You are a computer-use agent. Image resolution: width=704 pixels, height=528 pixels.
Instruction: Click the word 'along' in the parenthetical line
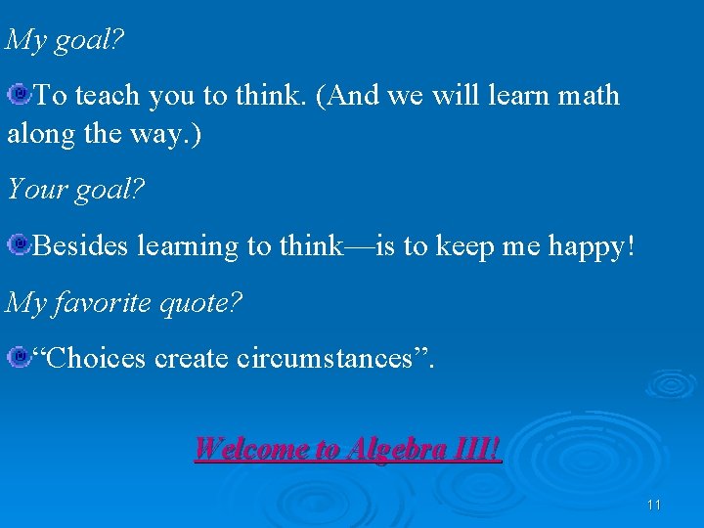(x=39, y=133)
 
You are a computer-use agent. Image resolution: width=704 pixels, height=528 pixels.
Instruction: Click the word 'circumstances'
(x=332, y=359)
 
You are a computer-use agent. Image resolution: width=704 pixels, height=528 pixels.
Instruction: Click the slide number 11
(x=654, y=505)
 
